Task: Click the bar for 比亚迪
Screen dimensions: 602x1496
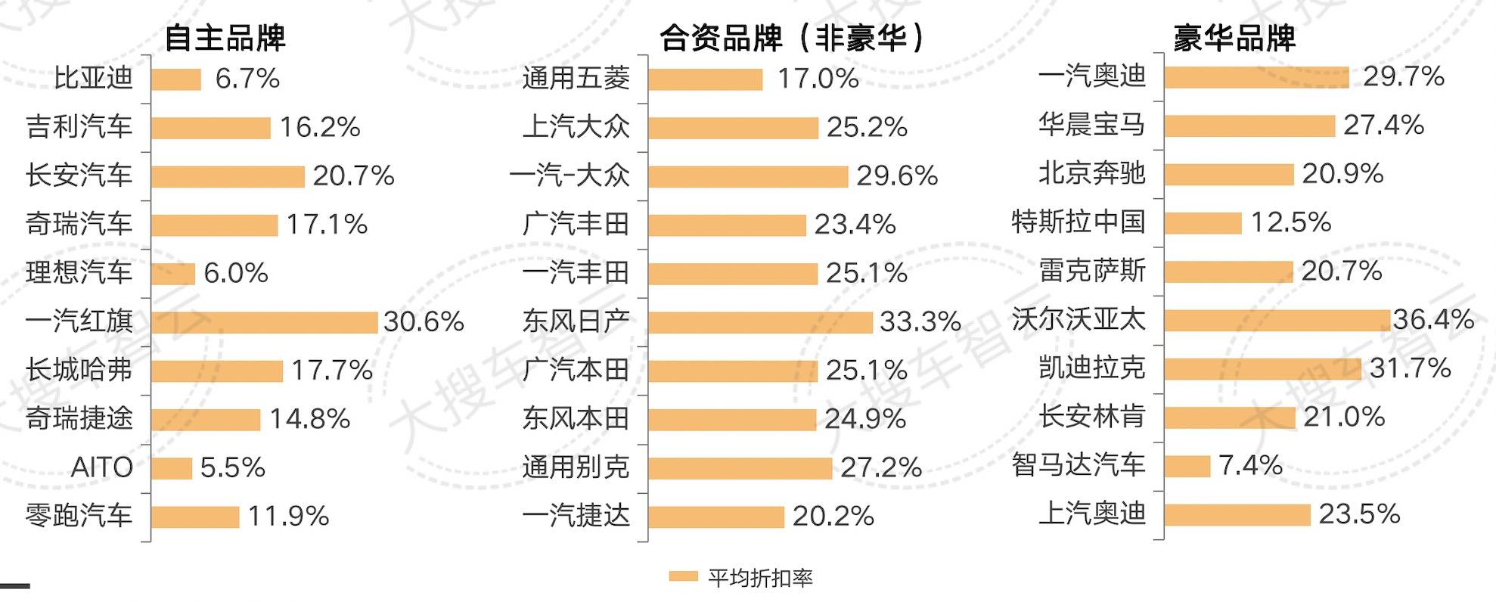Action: pos(176,79)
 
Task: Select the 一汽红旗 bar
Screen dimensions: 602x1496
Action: pos(264,322)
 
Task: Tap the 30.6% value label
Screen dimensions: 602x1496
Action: pos(424,321)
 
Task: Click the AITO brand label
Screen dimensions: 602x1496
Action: pos(102,467)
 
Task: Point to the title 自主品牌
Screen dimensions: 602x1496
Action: pos(225,38)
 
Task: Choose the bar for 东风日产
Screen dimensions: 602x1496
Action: pos(760,322)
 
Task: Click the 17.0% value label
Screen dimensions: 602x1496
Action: pos(818,79)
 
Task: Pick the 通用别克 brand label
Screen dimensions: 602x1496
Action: pos(576,467)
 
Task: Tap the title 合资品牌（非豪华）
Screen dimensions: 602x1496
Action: pos(793,38)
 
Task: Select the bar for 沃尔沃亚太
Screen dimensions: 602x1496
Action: pos(1277,320)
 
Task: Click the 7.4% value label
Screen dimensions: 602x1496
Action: pos(1251,465)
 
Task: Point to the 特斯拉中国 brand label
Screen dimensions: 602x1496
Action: pos(1079,222)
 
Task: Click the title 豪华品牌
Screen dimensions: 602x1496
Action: pos(1234,38)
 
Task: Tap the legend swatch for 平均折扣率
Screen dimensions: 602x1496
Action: pos(683,577)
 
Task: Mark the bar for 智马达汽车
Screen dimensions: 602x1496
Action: pos(1187,466)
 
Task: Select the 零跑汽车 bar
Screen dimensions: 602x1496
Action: pos(195,517)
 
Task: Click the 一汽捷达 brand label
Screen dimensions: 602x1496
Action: pos(576,516)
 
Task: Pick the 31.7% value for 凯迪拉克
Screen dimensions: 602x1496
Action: pos(1411,368)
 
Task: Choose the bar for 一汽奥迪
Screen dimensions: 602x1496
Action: pos(1256,77)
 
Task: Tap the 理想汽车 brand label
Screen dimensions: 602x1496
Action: pos(79,273)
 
